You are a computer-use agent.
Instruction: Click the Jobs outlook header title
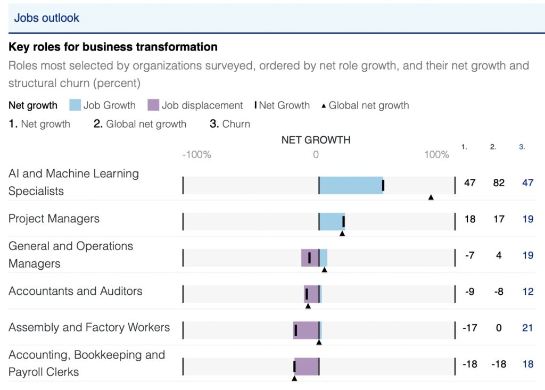click(x=47, y=18)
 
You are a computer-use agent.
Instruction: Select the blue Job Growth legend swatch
click(x=75, y=105)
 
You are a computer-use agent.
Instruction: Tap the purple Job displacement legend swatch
click(x=153, y=105)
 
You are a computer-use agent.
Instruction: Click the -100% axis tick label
click(x=196, y=155)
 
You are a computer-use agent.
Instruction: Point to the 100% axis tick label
click(x=437, y=155)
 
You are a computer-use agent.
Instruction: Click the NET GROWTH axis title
click(x=316, y=140)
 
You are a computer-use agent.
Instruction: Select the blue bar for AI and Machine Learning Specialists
click(x=350, y=185)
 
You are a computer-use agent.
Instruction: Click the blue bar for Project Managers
click(x=331, y=221)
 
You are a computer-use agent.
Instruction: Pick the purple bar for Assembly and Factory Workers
click(x=307, y=330)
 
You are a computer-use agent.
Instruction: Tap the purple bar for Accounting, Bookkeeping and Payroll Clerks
click(x=307, y=366)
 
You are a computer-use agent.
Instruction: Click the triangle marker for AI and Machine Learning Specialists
click(x=431, y=197)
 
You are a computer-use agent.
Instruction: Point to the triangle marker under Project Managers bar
click(x=342, y=233)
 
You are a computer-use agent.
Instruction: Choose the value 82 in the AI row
click(x=499, y=183)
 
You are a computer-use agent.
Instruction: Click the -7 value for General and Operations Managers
click(x=469, y=255)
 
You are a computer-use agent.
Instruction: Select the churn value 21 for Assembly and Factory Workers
click(x=527, y=328)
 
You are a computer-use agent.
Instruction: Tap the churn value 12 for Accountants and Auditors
click(x=527, y=292)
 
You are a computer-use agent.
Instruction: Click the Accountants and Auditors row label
click(x=76, y=291)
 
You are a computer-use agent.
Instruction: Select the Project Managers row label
click(x=54, y=219)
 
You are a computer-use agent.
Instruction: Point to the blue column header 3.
click(x=522, y=147)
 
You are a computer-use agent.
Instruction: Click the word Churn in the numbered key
click(x=236, y=124)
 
